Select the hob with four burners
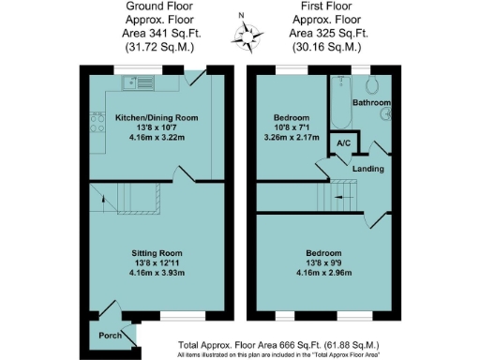97,120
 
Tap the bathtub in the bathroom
337,103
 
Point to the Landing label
368,169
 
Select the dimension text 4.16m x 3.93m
155,274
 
